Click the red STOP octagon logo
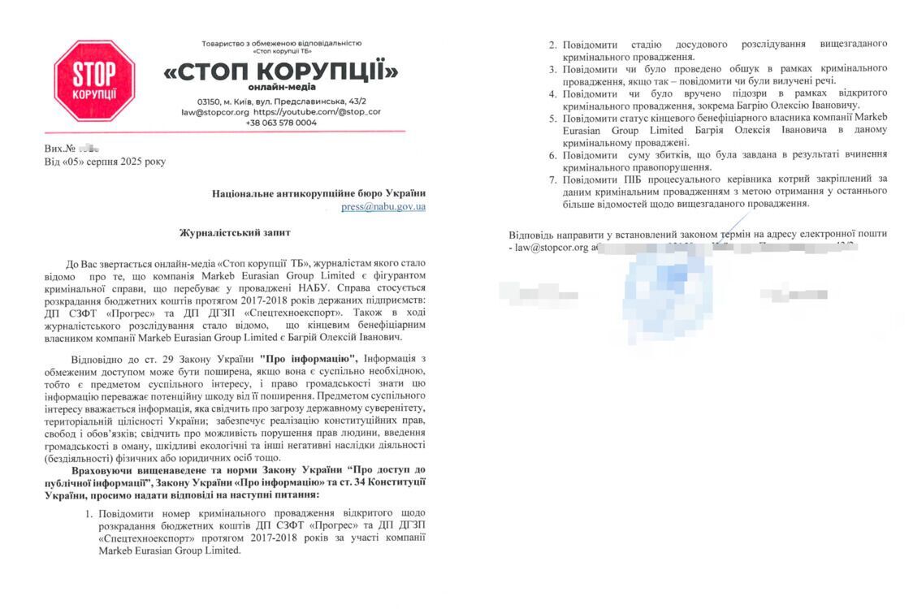pos(93,81)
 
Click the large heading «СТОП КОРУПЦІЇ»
pos(281,72)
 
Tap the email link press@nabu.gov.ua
pos(383,207)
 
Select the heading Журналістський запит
pos(235,233)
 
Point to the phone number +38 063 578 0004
pos(281,123)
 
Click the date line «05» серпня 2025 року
pos(105,162)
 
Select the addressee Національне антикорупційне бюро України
pos(318,193)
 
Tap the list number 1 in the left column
pos(89,513)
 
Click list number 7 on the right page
pos(553,179)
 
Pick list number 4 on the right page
pos(553,94)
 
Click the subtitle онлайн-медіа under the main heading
pos(282,87)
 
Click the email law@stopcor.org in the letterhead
pos(215,111)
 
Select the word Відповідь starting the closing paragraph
pos(534,234)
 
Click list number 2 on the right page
pos(553,43)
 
